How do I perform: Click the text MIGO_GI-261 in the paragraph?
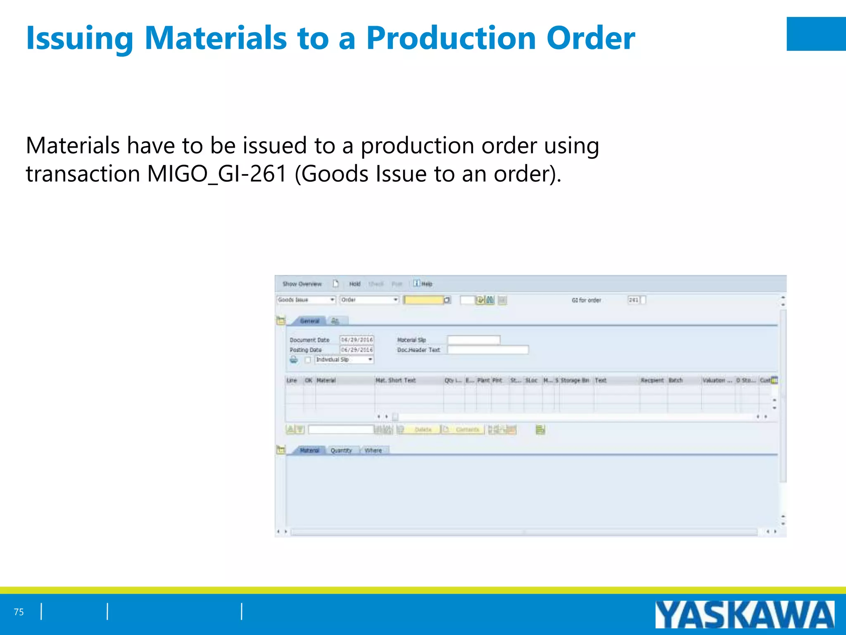click(217, 174)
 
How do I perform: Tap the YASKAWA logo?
click(744, 615)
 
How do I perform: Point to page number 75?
click(19, 612)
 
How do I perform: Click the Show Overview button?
click(302, 284)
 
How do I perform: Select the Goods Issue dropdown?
click(306, 300)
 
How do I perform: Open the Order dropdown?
click(369, 300)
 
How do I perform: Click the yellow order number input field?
click(424, 300)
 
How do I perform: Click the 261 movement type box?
click(634, 300)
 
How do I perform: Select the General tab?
click(309, 321)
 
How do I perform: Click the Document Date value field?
click(356, 340)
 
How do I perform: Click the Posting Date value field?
click(356, 350)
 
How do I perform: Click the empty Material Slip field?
click(473, 340)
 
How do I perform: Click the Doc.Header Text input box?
click(487, 350)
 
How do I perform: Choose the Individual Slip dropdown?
click(344, 360)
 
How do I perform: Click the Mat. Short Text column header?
click(395, 380)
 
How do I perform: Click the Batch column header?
click(675, 380)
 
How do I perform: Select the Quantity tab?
click(341, 450)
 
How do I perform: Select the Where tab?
click(373, 450)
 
